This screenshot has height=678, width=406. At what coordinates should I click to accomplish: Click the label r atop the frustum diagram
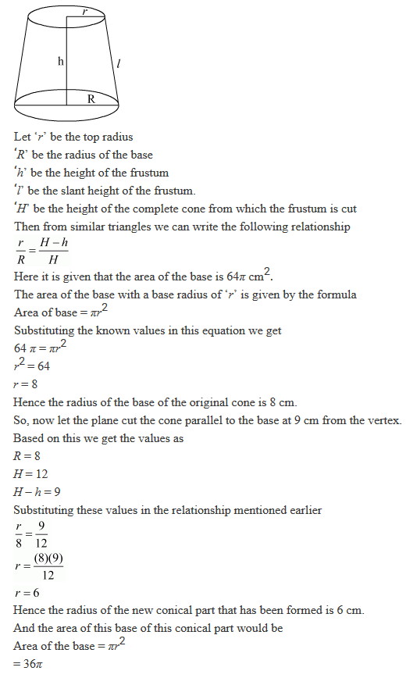click(84, 12)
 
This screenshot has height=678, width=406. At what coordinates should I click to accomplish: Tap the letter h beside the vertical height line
click(60, 61)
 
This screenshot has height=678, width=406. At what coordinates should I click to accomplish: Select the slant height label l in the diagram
click(117, 65)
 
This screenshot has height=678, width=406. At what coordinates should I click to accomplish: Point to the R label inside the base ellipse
click(91, 99)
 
